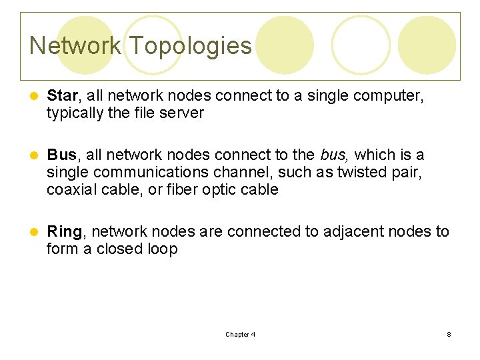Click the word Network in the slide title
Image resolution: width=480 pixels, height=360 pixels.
point(75,45)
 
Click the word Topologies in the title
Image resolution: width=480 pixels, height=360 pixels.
point(191,45)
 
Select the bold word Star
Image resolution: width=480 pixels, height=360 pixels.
point(62,96)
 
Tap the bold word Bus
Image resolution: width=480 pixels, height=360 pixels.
point(62,155)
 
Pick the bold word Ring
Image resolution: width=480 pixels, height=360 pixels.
point(65,231)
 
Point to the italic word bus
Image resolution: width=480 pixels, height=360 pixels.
point(333,155)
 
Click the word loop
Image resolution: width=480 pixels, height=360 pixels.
point(163,249)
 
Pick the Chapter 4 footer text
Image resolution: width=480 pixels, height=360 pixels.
point(240,335)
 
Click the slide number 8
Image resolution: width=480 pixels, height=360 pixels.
point(449,335)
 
